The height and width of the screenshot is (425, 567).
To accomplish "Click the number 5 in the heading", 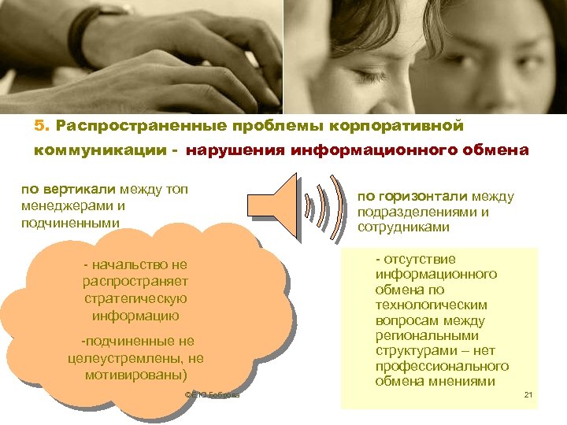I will point(39,126).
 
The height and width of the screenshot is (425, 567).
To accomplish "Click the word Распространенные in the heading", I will point(128,126).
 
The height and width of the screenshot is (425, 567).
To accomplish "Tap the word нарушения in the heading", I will point(224,150).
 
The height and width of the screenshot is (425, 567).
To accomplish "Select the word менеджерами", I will point(65,205).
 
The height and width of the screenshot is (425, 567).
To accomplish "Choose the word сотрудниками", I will point(403,227).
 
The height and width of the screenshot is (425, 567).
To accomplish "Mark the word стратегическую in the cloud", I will point(135,299).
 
